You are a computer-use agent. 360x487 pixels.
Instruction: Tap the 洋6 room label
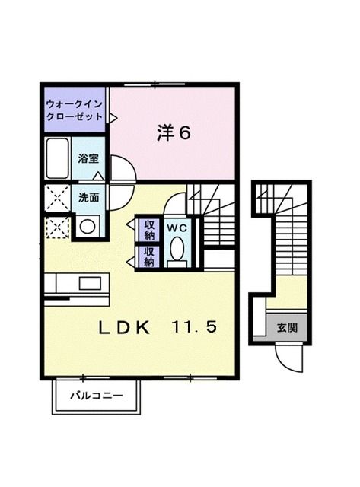point(174,132)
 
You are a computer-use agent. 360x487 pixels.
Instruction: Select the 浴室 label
point(88,158)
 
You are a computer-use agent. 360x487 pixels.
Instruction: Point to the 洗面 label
point(88,197)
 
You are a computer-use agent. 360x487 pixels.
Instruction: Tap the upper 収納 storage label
point(149,229)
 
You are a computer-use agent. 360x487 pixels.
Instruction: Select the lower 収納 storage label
point(149,257)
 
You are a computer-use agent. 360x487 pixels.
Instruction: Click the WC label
point(177,228)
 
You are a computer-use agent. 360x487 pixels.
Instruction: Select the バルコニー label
point(97,395)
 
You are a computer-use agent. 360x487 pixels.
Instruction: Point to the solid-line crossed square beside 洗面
point(56,198)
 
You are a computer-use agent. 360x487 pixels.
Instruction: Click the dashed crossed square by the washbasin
point(56,226)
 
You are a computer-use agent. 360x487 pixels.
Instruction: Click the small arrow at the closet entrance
point(113,118)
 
